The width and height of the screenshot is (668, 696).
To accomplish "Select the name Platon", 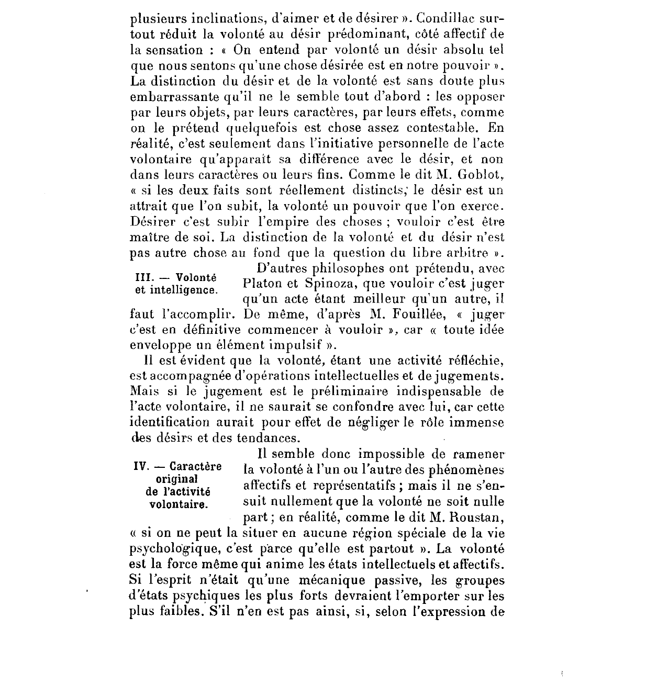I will pyautogui.click(x=262, y=285).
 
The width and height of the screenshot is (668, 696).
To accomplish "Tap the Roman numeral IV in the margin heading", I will pyautogui.click(x=141, y=467).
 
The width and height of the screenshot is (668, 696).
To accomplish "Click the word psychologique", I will pyautogui.click(x=173, y=549).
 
